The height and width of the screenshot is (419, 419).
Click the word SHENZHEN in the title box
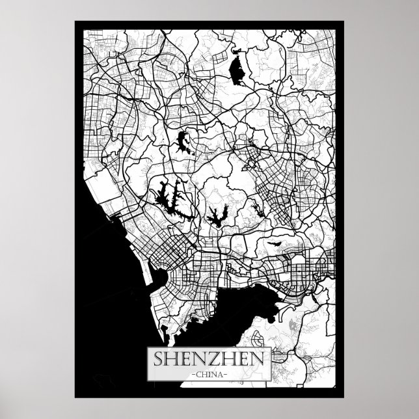[x=209, y=358]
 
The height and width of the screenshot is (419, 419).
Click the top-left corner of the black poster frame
[x=76, y=22]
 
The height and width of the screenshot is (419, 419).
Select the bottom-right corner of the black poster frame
[x=343, y=396]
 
